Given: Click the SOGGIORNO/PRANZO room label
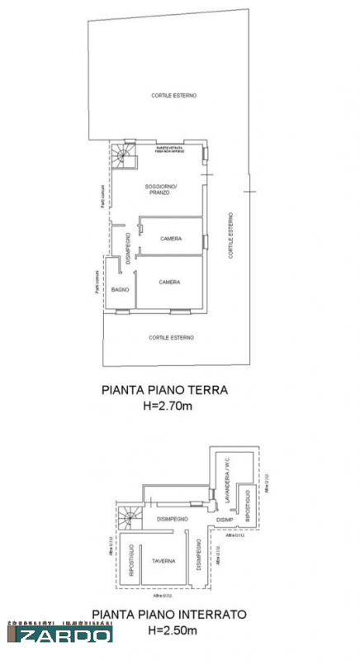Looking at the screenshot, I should tap(162, 189).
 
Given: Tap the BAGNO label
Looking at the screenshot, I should tap(118, 289).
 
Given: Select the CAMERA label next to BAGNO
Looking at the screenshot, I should tap(170, 282).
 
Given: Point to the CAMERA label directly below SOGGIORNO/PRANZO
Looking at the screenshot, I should tap(171, 239).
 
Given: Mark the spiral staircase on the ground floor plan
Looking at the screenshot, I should tap(122, 154).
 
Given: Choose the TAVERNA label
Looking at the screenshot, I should tap(163, 561).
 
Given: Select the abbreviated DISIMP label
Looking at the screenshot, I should tap(225, 521).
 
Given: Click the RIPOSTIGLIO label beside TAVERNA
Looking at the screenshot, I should tap(131, 560).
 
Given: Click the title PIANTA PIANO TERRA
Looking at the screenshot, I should tap(163, 391).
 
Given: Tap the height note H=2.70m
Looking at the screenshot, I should tap(163, 405).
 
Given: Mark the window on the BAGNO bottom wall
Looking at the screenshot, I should tap(122, 311).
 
